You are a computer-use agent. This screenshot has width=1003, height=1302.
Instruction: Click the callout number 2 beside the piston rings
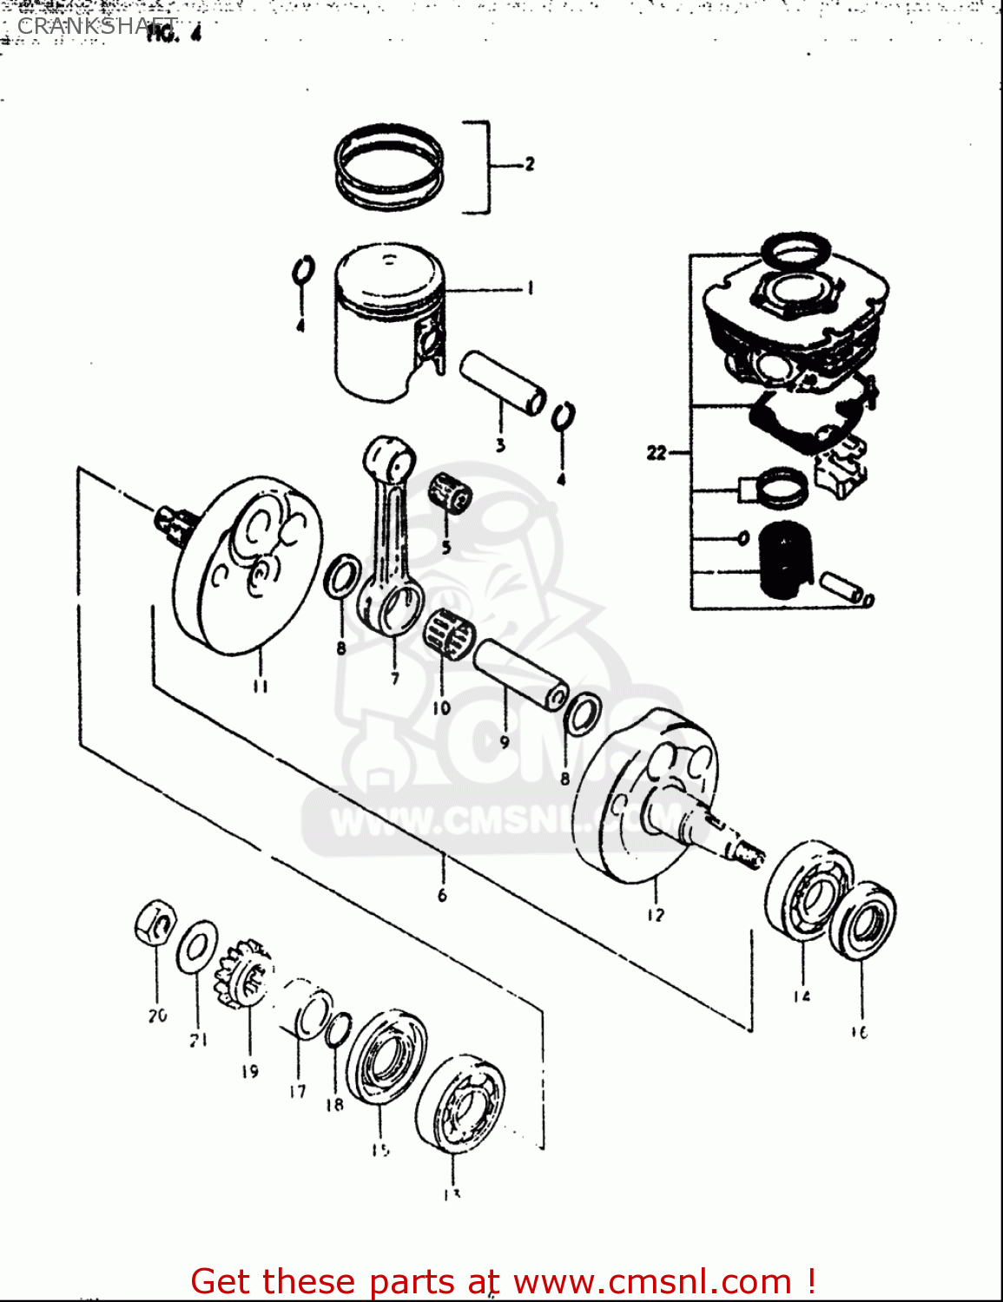coord(529,164)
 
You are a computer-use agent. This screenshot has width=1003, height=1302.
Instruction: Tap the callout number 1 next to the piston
coord(530,288)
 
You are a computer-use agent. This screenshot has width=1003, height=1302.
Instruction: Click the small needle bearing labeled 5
coord(450,496)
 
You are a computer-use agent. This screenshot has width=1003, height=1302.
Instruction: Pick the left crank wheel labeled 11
coord(247,564)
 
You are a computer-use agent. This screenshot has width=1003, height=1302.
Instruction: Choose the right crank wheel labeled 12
coord(647,799)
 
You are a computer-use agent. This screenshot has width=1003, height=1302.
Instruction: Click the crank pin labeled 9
coord(519,673)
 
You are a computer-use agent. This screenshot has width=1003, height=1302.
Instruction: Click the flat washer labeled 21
coord(197,947)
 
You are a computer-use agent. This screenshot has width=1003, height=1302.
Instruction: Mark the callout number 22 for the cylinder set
coord(657,452)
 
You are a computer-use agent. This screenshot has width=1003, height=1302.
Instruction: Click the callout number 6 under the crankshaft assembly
coord(442,895)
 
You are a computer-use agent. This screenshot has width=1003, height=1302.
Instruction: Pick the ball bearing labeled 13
coord(459,1104)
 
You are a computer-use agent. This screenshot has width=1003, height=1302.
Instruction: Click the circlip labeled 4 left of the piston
coord(302,272)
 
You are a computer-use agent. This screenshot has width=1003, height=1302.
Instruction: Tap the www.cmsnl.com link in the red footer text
coord(652,1281)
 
